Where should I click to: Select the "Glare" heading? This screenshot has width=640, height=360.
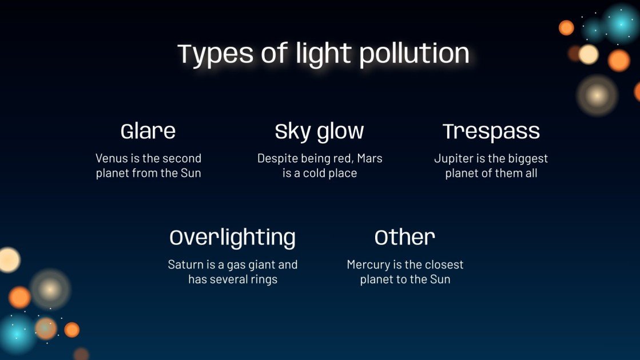(148, 132)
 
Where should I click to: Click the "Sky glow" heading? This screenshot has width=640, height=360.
(319, 132)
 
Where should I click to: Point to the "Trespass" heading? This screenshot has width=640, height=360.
(491, 132)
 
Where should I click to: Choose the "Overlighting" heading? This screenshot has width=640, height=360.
(232, 238)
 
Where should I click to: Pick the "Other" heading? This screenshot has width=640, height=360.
(405, 238)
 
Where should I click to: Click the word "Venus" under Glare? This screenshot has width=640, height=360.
(111, 159)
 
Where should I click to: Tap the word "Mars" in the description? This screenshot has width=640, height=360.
(369, 159)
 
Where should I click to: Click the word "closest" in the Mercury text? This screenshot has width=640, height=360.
(444, 265)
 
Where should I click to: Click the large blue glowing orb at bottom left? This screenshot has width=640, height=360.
(15, 332)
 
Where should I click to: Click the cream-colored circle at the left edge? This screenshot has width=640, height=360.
(8, 260)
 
